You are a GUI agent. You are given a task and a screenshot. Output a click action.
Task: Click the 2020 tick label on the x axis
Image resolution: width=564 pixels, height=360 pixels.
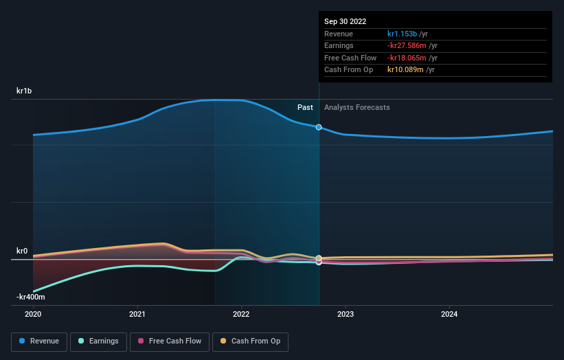33,314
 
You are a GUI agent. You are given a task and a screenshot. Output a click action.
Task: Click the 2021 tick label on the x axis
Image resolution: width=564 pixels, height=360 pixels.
137,314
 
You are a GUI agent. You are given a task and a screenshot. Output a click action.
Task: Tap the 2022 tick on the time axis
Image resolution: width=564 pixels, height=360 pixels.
241,314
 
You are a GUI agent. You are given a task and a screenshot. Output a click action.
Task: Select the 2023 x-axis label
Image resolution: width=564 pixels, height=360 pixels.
345,314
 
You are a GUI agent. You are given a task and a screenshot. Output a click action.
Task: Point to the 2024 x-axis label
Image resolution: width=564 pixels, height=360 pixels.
449,314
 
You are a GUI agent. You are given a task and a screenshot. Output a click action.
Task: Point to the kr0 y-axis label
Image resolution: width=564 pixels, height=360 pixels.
22,251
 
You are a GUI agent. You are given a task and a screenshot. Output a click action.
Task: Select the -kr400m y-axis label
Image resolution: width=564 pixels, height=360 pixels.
31,297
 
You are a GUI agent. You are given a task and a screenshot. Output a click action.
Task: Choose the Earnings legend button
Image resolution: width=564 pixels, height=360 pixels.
98,341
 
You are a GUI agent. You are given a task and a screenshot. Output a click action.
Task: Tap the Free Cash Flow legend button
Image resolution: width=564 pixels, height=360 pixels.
168,341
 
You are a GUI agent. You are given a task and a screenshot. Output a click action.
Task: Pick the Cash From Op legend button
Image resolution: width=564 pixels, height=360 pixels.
251,341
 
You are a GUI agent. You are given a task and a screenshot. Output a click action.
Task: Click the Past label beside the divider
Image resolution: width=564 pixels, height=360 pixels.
305,107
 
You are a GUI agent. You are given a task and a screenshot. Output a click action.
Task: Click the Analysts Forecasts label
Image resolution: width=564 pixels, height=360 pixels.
357,107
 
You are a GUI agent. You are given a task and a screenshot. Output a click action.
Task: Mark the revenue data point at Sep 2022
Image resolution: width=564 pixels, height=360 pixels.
319,127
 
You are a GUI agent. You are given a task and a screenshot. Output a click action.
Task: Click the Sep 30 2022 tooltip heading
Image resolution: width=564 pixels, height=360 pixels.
345,21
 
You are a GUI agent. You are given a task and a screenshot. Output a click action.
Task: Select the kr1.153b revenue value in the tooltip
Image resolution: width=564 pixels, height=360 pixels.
406,34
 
